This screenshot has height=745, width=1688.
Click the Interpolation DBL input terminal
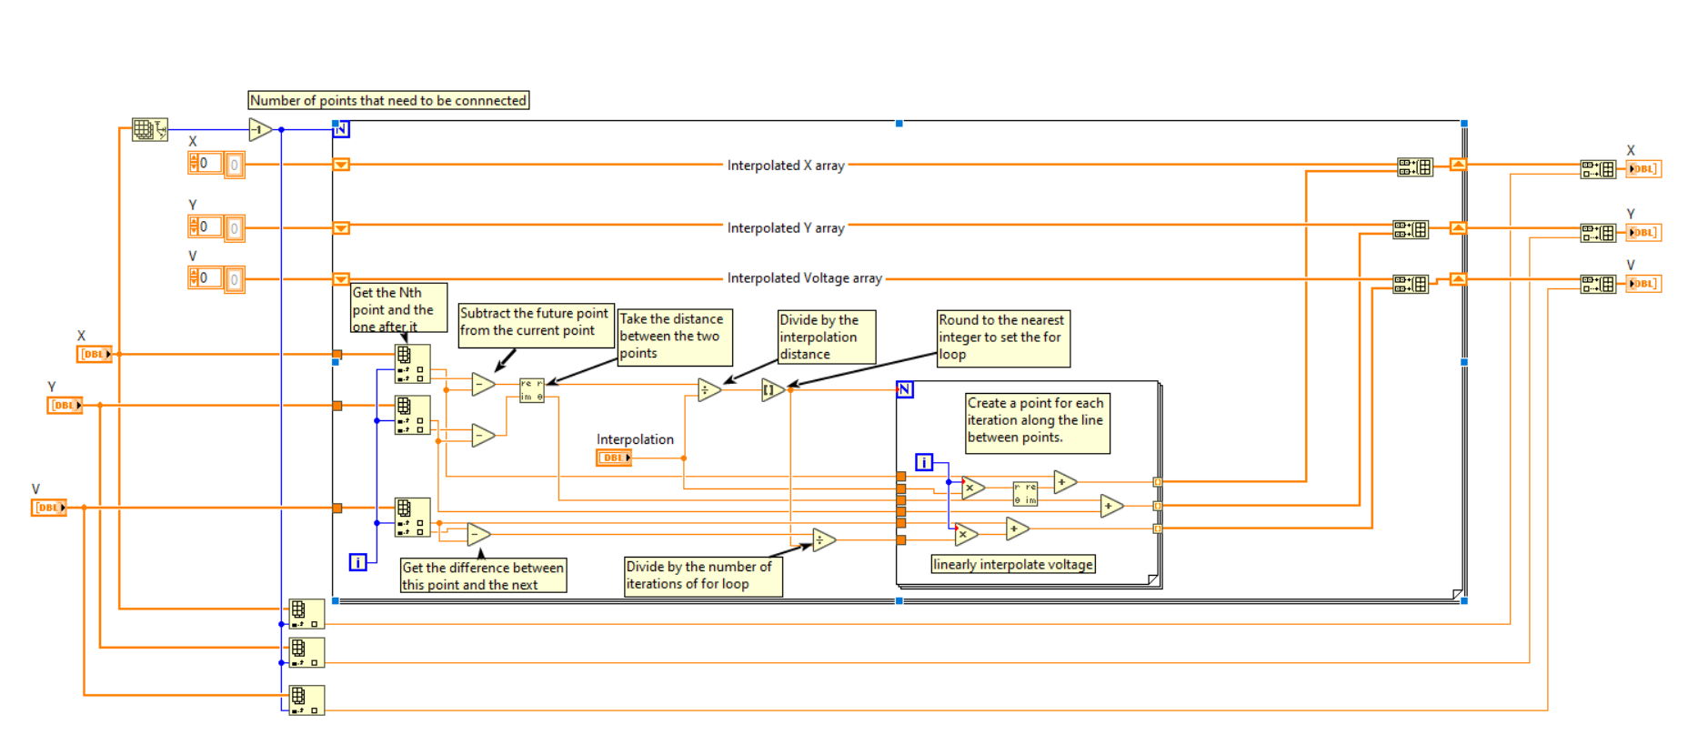(x=614, y=458)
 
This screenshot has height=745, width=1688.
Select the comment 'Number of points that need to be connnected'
(x=388, y=100)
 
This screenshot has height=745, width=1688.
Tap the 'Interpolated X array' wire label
(x=786, y=166)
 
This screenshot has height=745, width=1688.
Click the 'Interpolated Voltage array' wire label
(x=805, y=278)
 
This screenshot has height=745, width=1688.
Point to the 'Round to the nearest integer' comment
(x=1003, y=338)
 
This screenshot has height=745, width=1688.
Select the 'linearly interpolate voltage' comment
(x=1013, y=564)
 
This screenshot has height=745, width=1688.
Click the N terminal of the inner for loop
(x=905, y=389)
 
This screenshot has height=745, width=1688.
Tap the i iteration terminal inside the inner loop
(x=924, y=463)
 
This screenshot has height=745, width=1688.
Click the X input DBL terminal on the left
(x=95, y=354)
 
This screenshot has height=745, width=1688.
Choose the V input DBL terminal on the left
(x=49, y=508)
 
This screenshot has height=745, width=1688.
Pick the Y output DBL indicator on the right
(x=1643, y=232)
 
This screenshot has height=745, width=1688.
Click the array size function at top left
(x=150, y=129)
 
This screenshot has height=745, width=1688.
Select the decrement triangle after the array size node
(x=261, y=130)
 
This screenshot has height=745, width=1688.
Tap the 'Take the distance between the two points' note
(x=675, y=337)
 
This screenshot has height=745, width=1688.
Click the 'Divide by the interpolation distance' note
(x=827, y=337)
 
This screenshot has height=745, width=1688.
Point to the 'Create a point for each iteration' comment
(x=1038, y=423)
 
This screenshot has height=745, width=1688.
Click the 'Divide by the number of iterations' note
(x=703, y=577)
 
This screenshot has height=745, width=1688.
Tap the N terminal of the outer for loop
(x=341, y=129)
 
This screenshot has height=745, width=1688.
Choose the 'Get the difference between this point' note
(x=484, y=576)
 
